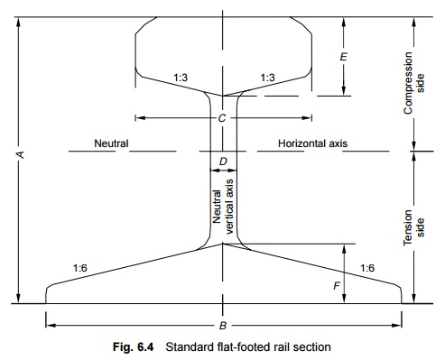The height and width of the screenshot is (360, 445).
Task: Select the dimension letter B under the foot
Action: click(223, 325)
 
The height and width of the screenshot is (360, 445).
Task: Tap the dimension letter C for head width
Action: click(222, 117)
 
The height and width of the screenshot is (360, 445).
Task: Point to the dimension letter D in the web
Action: click(223, 162)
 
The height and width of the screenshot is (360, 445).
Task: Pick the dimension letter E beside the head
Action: click(343, 56)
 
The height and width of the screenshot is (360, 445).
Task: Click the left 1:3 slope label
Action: click(181, 78)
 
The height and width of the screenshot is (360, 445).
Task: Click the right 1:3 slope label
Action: click(267, 78)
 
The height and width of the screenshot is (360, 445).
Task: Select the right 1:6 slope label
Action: click(367, 268)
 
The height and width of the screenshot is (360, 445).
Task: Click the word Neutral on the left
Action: click(111, 143)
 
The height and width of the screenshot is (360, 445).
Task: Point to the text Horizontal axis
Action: click(313, 143)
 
